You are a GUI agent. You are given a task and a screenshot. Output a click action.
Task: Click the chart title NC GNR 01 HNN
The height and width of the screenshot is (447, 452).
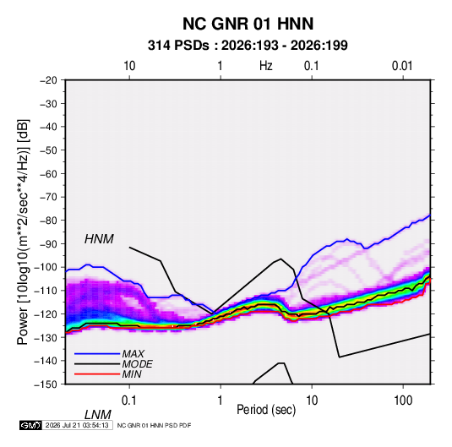tap(248, 24)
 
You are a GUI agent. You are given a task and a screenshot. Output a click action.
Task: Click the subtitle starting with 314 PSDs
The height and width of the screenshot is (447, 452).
tap(248, 46)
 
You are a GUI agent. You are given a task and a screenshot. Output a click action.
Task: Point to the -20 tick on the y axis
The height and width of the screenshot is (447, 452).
tap(48, 80)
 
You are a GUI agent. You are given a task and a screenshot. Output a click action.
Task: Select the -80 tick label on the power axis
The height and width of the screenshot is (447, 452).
tap(48, 221)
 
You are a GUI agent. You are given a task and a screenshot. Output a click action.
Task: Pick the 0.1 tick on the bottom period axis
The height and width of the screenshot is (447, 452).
tap(129, 401)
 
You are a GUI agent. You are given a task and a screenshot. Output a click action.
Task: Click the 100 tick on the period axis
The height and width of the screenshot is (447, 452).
tap(403, 401)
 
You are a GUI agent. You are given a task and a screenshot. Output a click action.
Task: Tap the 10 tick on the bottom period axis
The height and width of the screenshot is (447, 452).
tap(312, 401)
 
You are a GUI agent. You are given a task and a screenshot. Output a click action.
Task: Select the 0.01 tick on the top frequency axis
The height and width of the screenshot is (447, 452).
tap(402, 66)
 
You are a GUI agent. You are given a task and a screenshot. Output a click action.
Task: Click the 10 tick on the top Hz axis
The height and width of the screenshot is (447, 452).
tap(129, 66)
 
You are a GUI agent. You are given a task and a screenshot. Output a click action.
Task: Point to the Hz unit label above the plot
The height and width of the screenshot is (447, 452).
tap(266, 66)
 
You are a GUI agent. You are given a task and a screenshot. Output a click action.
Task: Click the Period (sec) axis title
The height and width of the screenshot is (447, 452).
tap(266, 410)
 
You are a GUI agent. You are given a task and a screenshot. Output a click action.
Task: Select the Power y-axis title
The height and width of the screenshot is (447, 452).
tap(23, 232)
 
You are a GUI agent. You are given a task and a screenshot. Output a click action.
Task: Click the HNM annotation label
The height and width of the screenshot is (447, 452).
tap(99, 239)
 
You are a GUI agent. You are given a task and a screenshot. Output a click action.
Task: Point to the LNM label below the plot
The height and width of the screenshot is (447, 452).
tap(97, 415)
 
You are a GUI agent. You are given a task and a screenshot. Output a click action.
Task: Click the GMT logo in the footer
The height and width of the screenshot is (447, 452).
tap(31, 425)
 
